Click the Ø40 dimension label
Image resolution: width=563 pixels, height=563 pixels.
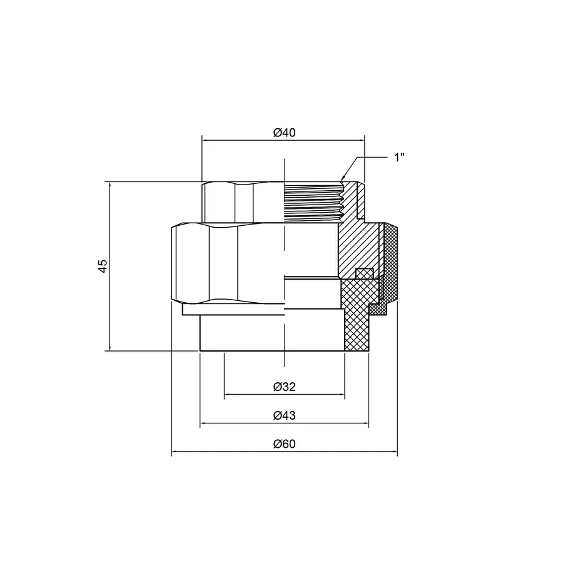pos(284,133)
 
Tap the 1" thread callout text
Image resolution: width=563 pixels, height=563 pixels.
pos(399,157)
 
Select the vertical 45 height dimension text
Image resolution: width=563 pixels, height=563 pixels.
pos(103,266)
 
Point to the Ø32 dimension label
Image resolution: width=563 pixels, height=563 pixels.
pos(284,387)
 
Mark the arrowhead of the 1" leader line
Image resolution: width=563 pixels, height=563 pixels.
pos(343,179)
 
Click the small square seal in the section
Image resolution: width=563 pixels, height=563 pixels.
pos(363,273)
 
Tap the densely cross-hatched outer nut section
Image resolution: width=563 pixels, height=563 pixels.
pos(391,263)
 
